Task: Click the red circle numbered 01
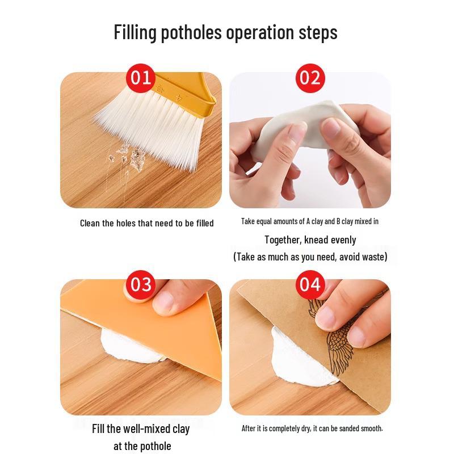point(141,78)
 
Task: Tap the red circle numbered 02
point(310,78)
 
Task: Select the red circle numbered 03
point(141,285)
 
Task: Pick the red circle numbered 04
point(310,285)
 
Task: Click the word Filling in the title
point(135,32)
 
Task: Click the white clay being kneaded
point(304,127)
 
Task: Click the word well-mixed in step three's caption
point(146,429)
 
